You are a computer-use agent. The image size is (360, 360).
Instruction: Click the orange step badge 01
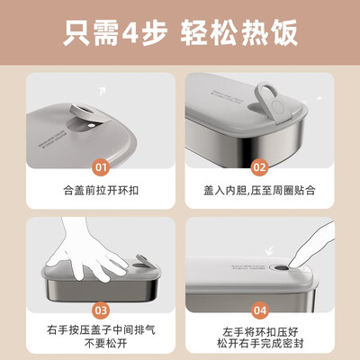click(x=101, y=166)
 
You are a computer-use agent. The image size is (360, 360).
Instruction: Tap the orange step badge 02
click(x=260, y=166)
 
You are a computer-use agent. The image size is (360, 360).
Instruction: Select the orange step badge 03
click(x=101, y=310)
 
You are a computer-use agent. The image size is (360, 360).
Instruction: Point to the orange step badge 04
click(x=260, y=310)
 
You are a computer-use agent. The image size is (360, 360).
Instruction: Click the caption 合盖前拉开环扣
click(x=100, y=191)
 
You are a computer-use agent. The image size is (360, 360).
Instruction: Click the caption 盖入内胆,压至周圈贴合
click(x=260, y=191)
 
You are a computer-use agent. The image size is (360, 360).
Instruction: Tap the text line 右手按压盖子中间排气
click(x=100, y=331)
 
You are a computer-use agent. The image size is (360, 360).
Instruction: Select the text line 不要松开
click(x=100, y=347)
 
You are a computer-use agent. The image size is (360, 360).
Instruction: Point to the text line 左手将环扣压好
click(x=260, y=331)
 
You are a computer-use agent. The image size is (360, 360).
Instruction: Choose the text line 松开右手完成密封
click(x=260, y=347)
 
